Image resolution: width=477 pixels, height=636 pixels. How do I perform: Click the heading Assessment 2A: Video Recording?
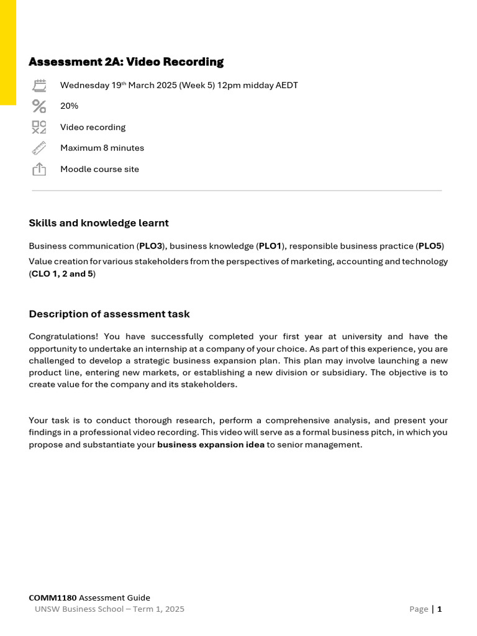coord(126,62)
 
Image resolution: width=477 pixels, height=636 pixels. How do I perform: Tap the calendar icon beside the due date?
coord(39,86)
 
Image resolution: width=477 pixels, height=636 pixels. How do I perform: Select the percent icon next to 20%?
coord(39,106)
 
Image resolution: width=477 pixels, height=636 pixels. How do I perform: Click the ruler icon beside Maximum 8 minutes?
coord(39,148)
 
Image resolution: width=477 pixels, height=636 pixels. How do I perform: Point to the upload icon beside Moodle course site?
coord(39,169)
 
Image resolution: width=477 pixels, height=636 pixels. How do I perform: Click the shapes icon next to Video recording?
coord(39,127)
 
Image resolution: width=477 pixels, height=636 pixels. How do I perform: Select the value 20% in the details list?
coord(69,106)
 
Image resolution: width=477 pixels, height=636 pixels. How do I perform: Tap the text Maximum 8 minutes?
coord(102,148)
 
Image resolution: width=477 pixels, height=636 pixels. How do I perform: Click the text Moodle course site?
coord(99,169)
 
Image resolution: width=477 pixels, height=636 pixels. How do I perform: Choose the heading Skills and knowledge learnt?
coord(99,223)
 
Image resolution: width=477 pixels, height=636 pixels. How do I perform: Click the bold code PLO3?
coord(150,246)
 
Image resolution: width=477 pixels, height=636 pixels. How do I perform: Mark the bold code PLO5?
coord(430,246)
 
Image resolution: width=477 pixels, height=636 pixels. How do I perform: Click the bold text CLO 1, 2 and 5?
coord(62,274)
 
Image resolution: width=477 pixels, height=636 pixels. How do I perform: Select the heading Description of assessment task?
coord(109,314)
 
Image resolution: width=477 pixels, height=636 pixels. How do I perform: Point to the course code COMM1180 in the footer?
coord(53,597)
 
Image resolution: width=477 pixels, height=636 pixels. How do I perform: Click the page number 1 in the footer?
coord(440,609)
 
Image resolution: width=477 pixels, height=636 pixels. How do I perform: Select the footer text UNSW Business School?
coord(82,609)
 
